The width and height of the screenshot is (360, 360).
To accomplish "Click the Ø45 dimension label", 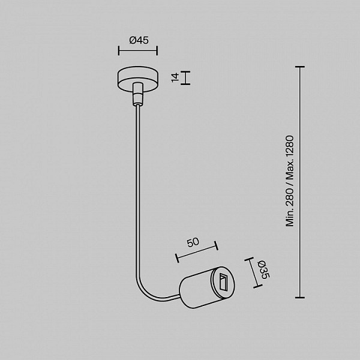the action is (x=139, y=40).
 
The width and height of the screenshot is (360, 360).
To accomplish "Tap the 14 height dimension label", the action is (x=175, y=77).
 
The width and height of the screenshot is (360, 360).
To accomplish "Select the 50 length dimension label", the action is (x=193, y=242).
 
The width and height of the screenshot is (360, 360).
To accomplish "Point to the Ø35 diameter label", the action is (x=263, y=270).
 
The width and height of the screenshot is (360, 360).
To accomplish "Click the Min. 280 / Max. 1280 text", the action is (x=290, y=181).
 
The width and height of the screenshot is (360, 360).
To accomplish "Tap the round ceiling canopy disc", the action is (x=138, y=79).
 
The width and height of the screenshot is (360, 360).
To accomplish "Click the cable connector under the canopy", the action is (x=137, y=94).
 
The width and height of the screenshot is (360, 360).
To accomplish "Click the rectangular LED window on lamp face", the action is (x=223, y=283).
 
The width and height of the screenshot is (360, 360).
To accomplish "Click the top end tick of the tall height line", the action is (x=300, y=67).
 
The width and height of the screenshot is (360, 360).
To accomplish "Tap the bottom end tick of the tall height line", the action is (x=300, y=298).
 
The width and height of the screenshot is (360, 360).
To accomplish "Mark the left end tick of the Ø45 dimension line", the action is (x=119, y=50).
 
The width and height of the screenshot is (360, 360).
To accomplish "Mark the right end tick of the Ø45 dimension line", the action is (x=157, y=50).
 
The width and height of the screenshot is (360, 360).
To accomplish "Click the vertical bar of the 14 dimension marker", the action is (x=185, y=78).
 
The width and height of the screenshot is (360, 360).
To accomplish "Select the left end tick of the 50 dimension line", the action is (x=177, y=258).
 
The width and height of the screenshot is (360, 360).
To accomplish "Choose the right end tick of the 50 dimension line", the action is (x=216, y=245).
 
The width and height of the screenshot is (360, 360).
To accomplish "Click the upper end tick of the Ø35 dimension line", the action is (x=249, y=259).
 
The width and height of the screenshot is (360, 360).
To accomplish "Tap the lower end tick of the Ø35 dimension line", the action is (x=257, y=286).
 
